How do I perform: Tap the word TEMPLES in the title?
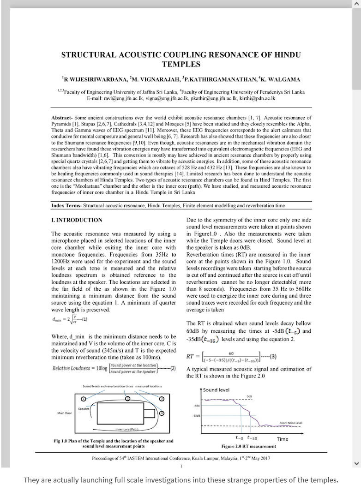pyautogui.click(x=181, y=65)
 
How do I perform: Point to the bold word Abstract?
pyautogui.click(x=61, y=118)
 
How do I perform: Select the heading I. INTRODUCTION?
pyautogui.click(x=77, y=220)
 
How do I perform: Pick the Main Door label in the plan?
pyautogui.click(x=65, y=413)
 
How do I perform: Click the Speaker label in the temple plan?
pyautogui.click(x=84, y=408)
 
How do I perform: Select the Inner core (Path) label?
pyautogui.click(x=127, y=429)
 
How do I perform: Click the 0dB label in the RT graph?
pyautogui.click(x=249, y=396)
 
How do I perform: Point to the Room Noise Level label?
pyautogui.click(x=291, y=423)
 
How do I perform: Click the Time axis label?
pyautogui.click(x=283, y=439)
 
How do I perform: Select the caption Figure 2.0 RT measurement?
pyautogui.click(x=248, y=446)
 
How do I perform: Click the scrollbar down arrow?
pyautogui.click(x=356, y=463)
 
